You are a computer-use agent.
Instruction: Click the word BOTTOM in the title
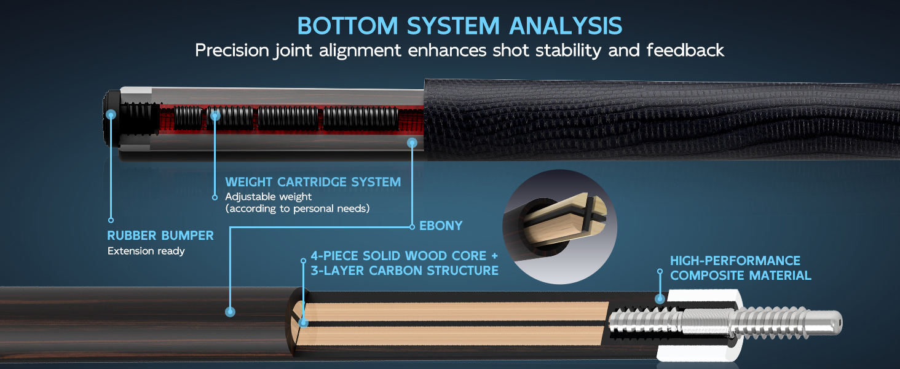coord(347,26)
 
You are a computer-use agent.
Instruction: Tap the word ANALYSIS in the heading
coord(566,26)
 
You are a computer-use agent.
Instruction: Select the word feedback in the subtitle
coord(685,50)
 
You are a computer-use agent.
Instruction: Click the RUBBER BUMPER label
coord(160,236)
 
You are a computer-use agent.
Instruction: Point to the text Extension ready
coord(146,251)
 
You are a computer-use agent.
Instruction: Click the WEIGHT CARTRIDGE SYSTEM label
coord(313,182)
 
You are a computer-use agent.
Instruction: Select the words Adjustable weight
coord(269,197)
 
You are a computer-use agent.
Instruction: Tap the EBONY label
coord(441,226)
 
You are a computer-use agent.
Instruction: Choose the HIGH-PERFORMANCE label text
coord(735,261)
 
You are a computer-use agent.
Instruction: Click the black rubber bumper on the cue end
coord(112,119)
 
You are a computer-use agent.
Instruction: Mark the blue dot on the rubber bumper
coord(111,115)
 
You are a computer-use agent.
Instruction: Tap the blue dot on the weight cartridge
coord(215,116)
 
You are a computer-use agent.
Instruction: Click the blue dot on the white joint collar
coord(660,299)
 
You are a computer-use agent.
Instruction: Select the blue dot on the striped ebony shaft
coord(230,312)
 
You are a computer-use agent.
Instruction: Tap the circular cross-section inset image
coord(559,227)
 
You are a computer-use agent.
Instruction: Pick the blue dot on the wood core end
coord(304,322)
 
